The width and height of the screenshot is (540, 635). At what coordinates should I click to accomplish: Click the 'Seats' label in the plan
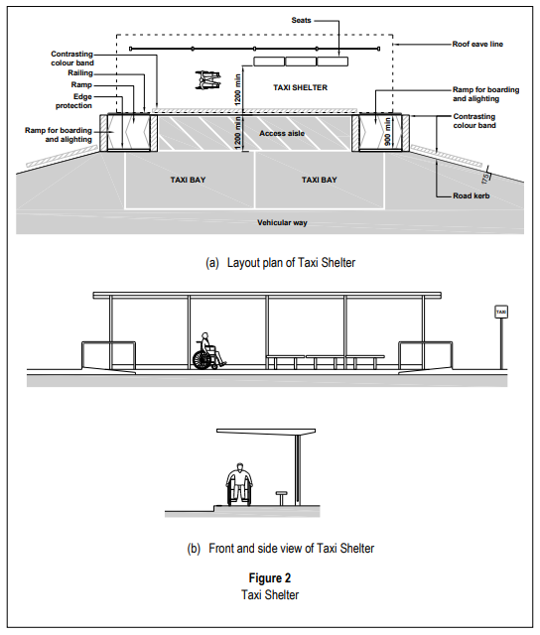coord(301,20)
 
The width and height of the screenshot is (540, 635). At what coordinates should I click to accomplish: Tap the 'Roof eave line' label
coord(477,44)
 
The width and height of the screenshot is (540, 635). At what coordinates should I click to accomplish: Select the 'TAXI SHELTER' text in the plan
coord(300,87)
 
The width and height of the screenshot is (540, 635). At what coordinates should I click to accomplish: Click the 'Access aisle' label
coord(282,133)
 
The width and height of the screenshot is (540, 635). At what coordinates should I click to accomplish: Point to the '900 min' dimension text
coord(388,132)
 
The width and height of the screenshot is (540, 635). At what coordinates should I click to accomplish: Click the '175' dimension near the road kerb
coord(485,179)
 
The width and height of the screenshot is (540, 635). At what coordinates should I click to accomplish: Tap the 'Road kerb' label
coord(472,196)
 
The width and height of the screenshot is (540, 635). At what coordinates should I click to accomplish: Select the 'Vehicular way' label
coord(282,222)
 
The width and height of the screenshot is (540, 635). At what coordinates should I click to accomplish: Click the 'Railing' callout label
coord(80,73)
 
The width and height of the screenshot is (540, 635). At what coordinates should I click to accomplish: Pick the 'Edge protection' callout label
coord(73,101)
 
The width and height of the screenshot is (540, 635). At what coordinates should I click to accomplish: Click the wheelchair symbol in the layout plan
coord(208,79)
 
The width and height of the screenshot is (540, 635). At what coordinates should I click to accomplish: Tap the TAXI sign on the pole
coord(501,312)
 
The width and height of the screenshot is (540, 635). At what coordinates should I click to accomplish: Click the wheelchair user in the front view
coord(208,351)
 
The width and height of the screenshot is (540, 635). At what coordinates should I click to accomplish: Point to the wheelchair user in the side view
coord(239,484)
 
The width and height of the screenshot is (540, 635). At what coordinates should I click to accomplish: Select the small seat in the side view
coord(282,498)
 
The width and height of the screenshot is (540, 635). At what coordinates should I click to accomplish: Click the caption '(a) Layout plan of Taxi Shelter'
coord(280,263)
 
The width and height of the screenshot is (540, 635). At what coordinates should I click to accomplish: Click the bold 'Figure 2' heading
coord(270,577)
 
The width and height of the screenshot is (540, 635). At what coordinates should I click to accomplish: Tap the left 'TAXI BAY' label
coord(188,180)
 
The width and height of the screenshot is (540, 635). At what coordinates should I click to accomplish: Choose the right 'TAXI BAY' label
coord(320,180)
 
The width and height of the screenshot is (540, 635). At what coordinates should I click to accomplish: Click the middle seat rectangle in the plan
coord(301,62)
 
